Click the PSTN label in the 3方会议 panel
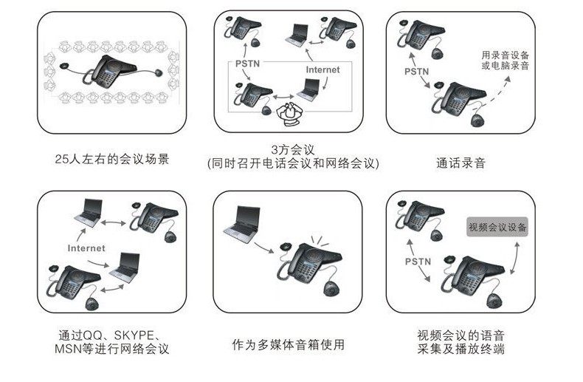(246, 64)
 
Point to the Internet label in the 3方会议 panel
(322, 70)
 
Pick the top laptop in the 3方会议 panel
(299, 34)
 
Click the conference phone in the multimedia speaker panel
(310, 262)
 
